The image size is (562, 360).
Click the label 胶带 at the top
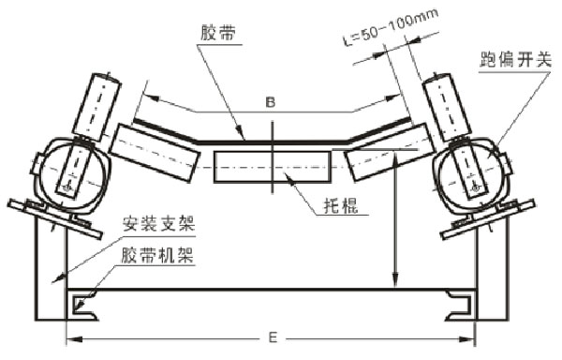pyautogui.click(x=218, y=34)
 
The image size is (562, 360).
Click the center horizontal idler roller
pyautogui.click(x=272, y=165)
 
